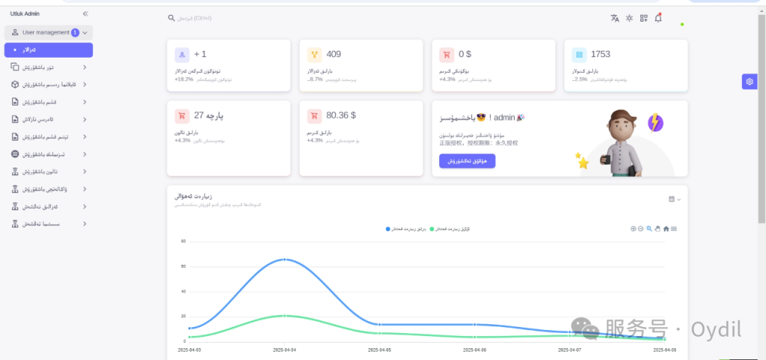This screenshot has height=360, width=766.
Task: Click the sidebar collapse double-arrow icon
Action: point(85,13)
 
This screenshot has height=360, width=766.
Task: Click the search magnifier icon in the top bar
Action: point(171,18)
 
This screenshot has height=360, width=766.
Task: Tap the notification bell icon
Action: point(658,18)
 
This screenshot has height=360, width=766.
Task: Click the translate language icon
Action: point(615,18)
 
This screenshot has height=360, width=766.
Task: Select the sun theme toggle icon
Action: point(630,18)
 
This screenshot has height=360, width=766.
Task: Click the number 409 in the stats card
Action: point(334,54)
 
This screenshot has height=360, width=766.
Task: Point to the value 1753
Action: point(601,54)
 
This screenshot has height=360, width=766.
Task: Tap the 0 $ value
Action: point(465,54)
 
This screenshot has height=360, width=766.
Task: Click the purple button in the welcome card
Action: point(467,161)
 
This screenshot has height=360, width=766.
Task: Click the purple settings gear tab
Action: point(750,82)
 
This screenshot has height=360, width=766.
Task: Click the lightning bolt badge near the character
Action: point(655,122)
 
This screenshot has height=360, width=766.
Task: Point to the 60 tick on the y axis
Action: point(183,266)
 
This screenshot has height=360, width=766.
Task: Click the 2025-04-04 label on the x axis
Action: point(285,350)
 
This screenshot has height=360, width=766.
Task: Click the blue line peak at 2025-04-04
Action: point(285,259)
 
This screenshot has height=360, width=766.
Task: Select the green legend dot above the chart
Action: point(432,228)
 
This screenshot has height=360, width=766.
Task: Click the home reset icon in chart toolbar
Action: point(666,228)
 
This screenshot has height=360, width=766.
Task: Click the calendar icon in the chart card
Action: point(671,198)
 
